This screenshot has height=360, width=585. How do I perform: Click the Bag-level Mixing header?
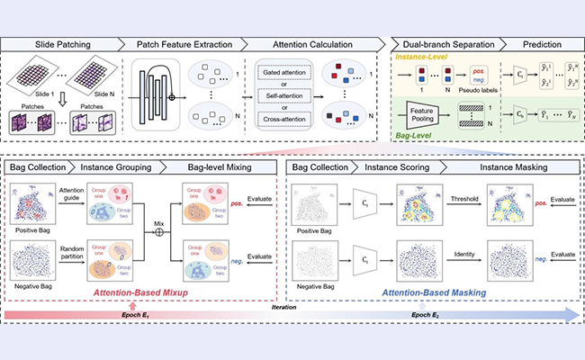[219, 168]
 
